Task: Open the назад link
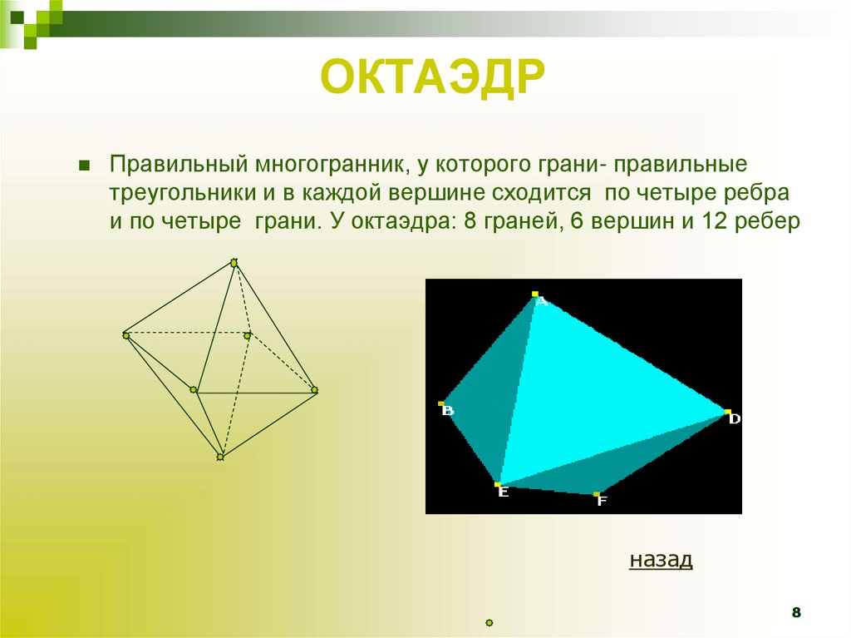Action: click(661, 559)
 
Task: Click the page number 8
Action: click(796, 613)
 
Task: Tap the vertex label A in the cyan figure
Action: click(541, 302)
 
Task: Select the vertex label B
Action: click(448, 410)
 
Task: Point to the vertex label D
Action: click(734, 419)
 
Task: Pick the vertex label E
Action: click(503, 492)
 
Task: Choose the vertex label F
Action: click(602, 501)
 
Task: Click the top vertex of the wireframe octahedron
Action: click(234, 263)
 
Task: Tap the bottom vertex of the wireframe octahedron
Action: click(220, 456)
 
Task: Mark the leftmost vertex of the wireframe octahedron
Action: click(125, 335)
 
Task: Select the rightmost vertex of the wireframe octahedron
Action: click(315, 389)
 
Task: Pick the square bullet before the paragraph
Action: click(83, 164)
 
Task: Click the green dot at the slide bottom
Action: click(489, 622)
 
